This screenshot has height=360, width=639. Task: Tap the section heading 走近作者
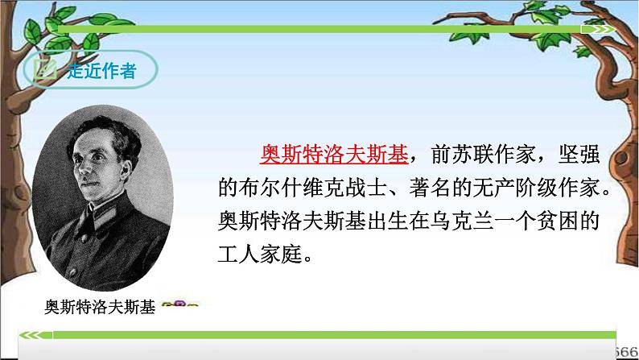click(101, 71)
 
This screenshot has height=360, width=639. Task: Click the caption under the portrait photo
click(99, 307)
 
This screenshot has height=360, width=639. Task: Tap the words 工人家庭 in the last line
click(258, 254)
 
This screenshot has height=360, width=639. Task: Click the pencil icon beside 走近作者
click(46, 70)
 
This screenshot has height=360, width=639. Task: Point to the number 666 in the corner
click(627, 353)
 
